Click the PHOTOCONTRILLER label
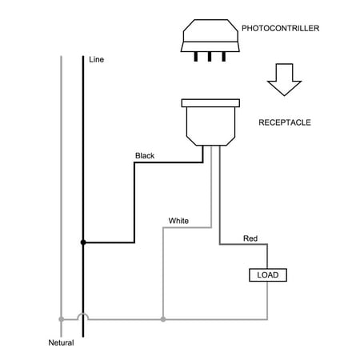pyautogui.click(x=280, y=28)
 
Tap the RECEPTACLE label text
pyautogui.click(x=285, y=122)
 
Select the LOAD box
pyautogui.click(x=268, y=275)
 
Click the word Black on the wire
pyautogui.click(x=145, y=156)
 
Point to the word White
pyautogui.click(x=178, y=221)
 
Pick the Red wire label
pyautogui.click(x=250, y=238)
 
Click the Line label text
pyautogui.click(x=96, y=59)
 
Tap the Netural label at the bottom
pyautogui.click(x=61, y=342)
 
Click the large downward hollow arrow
pyautogui.click(x=285, y=79)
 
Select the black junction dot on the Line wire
pyautogui.click(x=83, y=242)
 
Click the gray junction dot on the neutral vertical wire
pyautogui.click(x=62, y=319)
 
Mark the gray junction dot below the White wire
pyautogui.click(x=163, y=319)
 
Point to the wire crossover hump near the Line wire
pyautogui.click(x=83, y=314)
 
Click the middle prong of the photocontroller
pyautogui.click(x=210, y=57)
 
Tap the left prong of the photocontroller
pyautogui.click(x=196, y=57)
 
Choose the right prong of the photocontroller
pyautogui.click(x=224, y=57)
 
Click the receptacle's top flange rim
pyautogui.click(x=210, y=103)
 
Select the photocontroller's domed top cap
pyautogui.click(x=210, y=30)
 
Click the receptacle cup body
pyautogui.click(x=210, y=126)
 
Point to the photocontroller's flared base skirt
pyautogui.click(x=210, y=46)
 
